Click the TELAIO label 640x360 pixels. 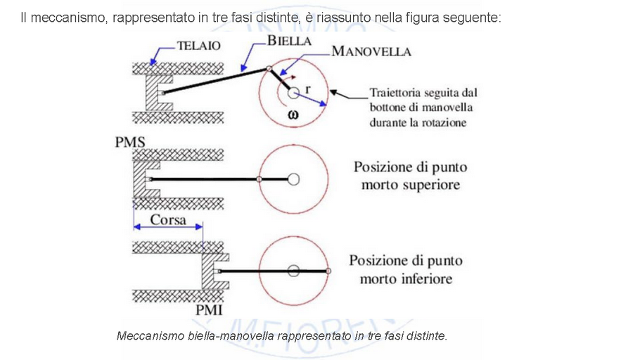click(x=198, y=46)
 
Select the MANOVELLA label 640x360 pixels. click(x=371, y=51)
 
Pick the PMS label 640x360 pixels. click(x=130, y=143)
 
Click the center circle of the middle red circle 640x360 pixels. click(x=293, y=179)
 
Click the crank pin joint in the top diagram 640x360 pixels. click(x=269, y=68)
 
